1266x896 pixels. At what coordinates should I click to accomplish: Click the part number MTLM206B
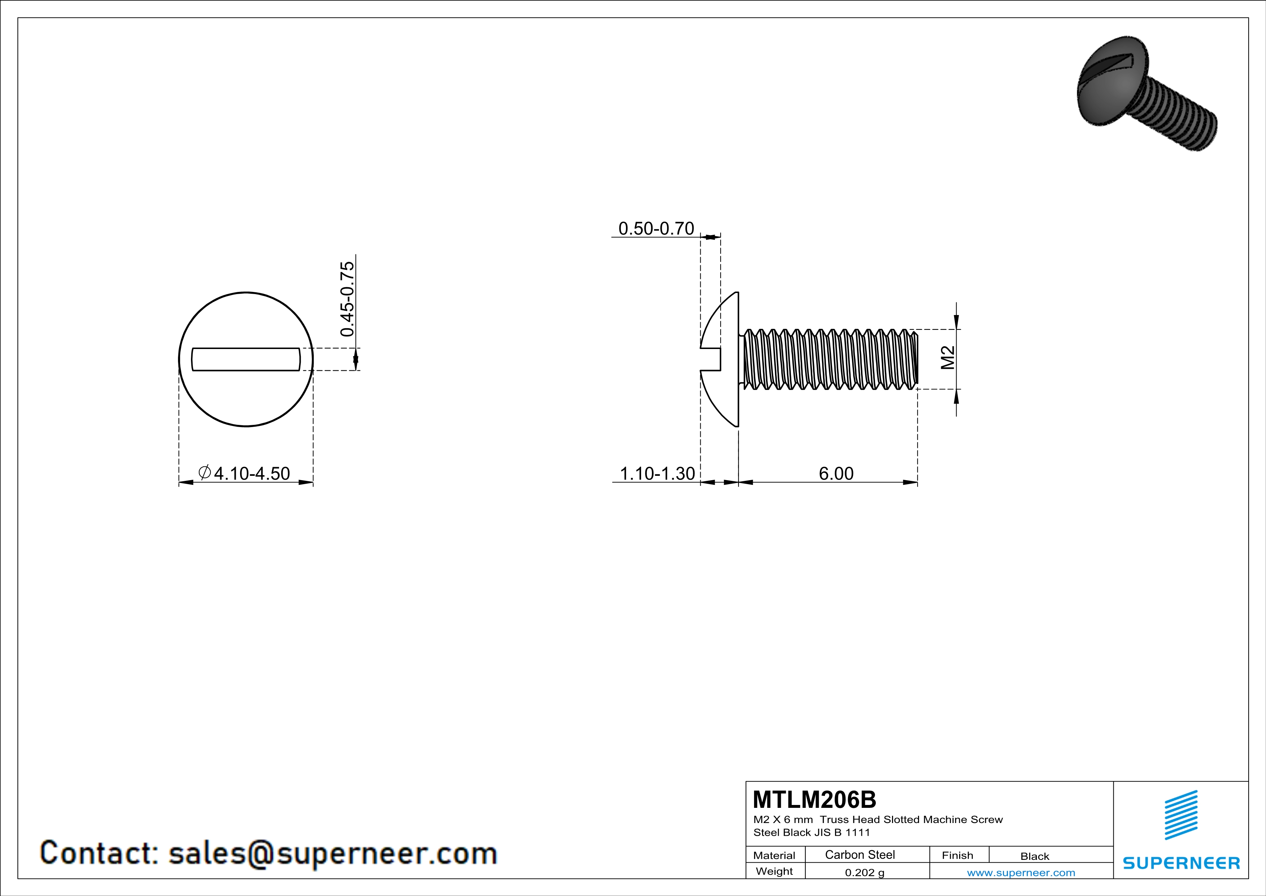tap(814, 800)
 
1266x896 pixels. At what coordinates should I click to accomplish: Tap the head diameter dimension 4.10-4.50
tap(252, 473)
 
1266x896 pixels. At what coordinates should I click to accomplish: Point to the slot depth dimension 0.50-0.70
tap(656, 228)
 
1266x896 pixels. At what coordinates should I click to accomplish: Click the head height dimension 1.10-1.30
tap(657, 473)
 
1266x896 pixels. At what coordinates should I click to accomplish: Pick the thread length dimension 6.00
tap(836, 473)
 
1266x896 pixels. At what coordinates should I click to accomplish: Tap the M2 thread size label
tap(947, 358)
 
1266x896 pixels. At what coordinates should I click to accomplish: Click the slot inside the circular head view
tap(246, 359)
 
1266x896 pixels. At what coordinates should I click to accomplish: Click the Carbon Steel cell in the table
tap(860, 854)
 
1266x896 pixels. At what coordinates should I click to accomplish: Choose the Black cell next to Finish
tap(1034, 856)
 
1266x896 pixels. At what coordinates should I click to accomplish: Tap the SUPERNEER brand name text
tap(1181, 863)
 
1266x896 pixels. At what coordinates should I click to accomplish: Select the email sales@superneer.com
tap(332, 853)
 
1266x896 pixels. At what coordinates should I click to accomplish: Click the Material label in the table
tap(774, 855)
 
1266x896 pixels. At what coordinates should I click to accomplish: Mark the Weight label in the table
tap(774, 871)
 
